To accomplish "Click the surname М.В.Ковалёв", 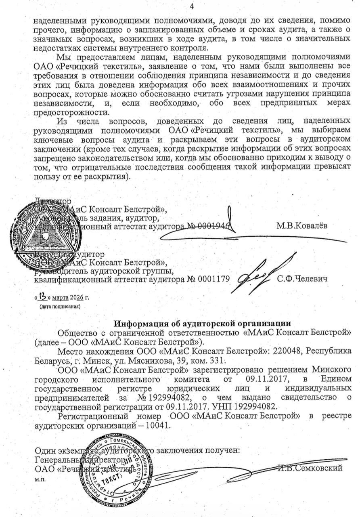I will (x=302, y=225).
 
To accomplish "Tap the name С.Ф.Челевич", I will (x=302, y=279).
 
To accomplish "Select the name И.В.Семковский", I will (x=310, y=468).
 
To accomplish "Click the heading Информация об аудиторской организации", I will (x=202, y=324).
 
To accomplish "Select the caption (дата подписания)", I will (x=59, y=307).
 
